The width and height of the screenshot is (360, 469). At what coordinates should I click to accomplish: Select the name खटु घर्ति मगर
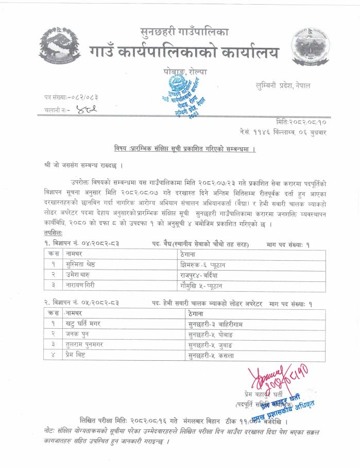click(82, 324)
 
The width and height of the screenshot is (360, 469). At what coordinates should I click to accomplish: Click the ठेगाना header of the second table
click(196, 313)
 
